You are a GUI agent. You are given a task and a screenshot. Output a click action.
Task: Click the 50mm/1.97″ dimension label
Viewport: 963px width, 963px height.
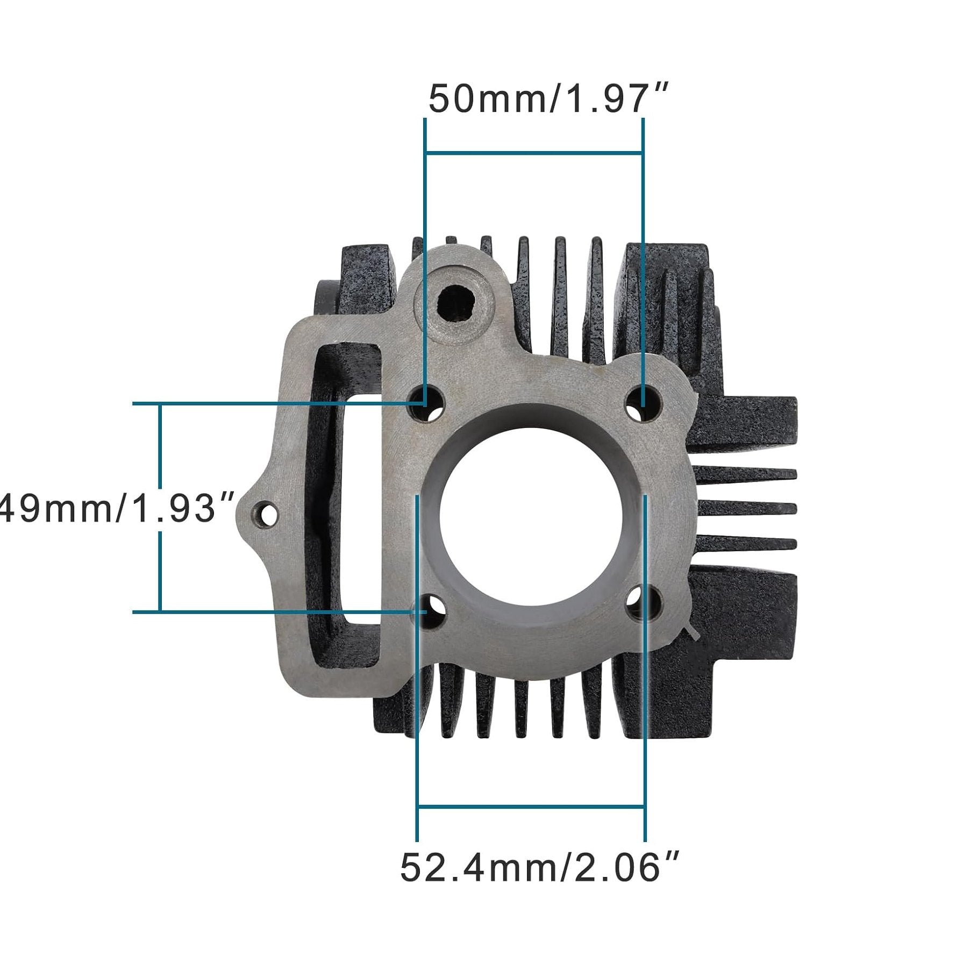[548, 99]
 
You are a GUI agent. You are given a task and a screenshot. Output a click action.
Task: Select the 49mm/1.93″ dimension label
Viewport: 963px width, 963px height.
[116, 508]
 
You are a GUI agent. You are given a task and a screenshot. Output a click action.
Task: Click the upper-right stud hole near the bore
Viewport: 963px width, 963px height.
[643, 403]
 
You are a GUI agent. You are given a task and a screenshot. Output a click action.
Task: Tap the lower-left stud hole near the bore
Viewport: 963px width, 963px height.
[429, 612]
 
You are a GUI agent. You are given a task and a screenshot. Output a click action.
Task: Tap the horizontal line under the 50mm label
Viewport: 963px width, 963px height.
[533, 153]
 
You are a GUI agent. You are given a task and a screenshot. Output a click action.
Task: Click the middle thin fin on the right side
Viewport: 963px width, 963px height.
[747, 508]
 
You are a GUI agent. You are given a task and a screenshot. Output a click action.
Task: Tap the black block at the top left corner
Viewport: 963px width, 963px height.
[366, 274]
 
